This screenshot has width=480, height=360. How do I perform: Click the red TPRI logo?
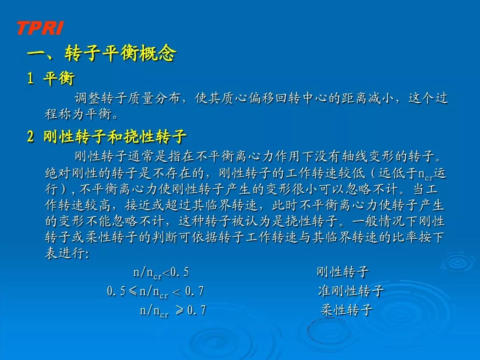[x=40, y=28]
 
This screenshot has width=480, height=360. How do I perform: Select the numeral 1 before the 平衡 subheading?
[x=30, y=78]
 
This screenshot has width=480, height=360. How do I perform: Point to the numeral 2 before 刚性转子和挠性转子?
[x=30, y=136]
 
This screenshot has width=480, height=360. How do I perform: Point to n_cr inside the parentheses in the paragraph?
[x=425, y=175]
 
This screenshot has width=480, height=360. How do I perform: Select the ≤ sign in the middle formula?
[x=132, y=291]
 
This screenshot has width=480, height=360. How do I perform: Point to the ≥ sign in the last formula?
[x=180, y=310]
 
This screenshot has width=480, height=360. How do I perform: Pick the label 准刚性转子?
[x=351, y=291]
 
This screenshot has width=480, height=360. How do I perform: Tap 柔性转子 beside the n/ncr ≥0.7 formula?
[x=347, y=310]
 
